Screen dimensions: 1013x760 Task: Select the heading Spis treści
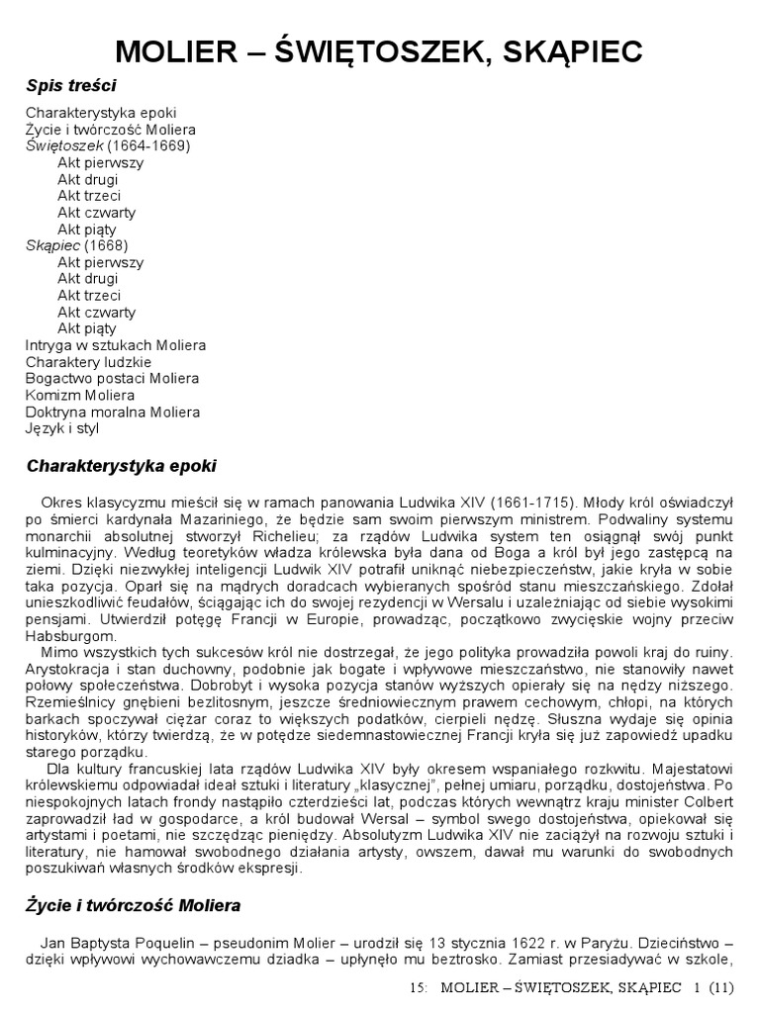[x=71, y=86]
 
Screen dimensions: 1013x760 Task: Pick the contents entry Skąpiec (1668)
[x=77, y=245]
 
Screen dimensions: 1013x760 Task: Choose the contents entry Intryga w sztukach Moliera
[x=115, y=345]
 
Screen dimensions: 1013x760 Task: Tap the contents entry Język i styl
[x=62, y=428]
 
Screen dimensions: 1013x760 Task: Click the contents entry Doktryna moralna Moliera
[x=112, y=412]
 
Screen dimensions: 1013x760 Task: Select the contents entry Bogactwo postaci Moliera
[x=112, y=378]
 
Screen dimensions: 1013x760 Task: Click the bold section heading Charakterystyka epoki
[x=121, y=465]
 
